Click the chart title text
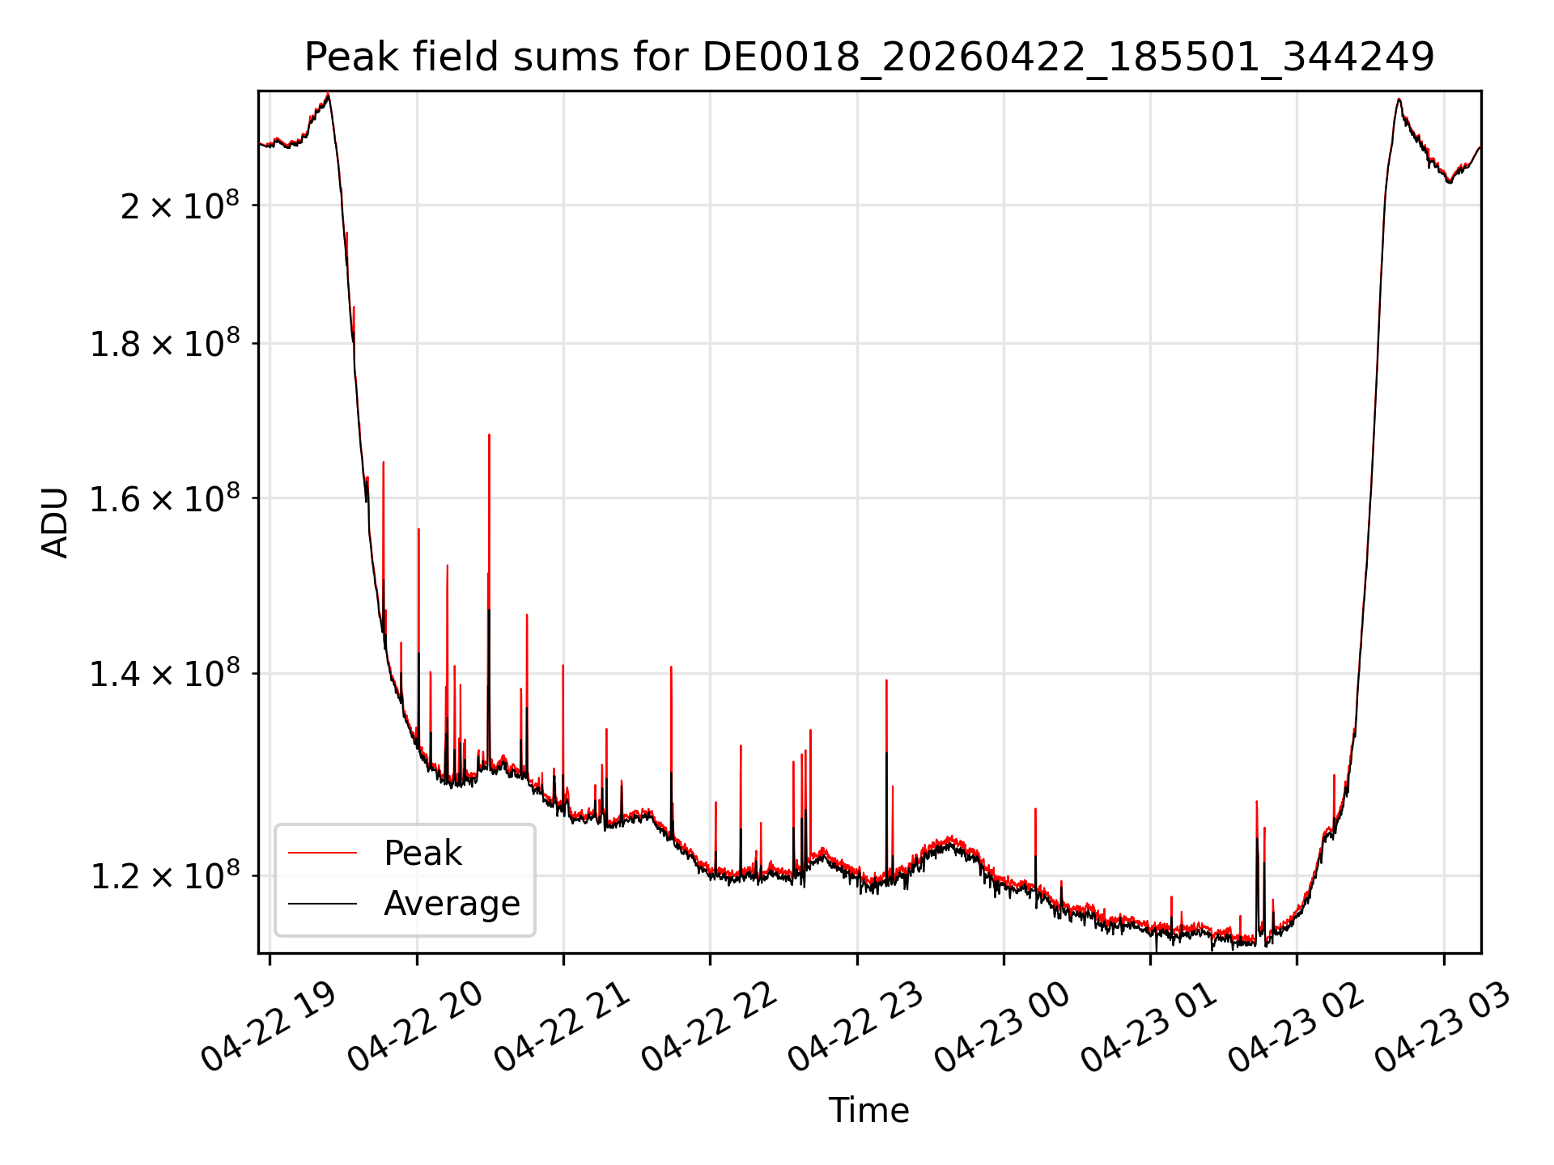point(869,57)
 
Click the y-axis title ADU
point(55,522)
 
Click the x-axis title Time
point(868,1110)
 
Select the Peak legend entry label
point(422,853)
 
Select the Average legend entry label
point(452,903)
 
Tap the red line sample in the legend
point(322,853)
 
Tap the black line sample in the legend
point(322,903)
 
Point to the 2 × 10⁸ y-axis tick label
point(180,205)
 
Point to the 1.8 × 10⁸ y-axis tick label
point(164,344)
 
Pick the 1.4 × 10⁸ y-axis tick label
point(164,673)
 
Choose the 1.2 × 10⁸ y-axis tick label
point(164,876)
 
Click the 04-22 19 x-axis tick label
point(269,1027)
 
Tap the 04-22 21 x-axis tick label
point(563,1027)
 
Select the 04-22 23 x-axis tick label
point(856,1027)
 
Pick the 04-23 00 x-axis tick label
point(1003,1027)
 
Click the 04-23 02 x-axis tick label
point(1297,1027)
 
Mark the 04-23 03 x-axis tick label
point(1443,1027)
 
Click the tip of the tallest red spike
point(489,434)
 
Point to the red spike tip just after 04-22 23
point(886,680)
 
